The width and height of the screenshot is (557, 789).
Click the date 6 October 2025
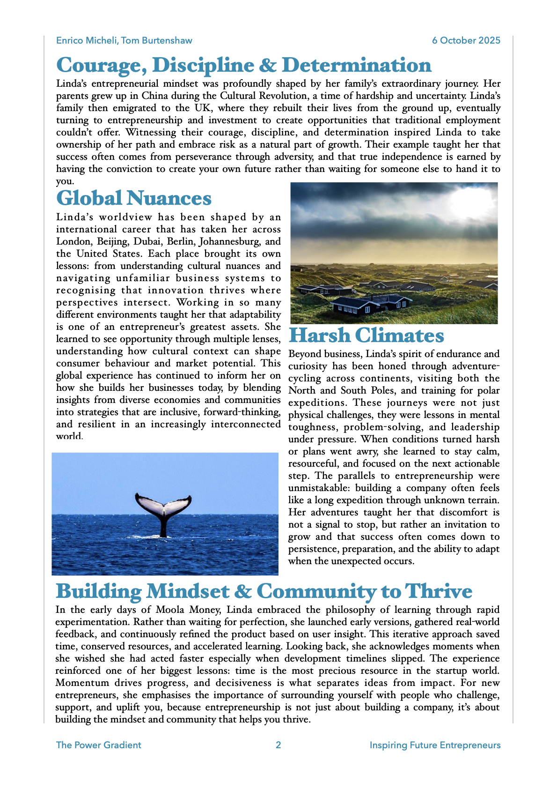click(466, 40)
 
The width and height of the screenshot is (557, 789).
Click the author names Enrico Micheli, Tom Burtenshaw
click(124, 40)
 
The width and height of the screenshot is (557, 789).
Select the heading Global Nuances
click(134, 198)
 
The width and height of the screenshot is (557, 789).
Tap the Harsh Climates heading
click(366, 335)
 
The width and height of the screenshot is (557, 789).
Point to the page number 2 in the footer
click(278, 745)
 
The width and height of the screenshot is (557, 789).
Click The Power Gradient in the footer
click(98, 745)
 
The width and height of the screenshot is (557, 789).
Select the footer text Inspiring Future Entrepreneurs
click(435, 745)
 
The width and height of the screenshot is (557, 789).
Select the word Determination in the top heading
click(357, 65)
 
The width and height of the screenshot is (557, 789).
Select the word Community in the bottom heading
click(316, 591)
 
